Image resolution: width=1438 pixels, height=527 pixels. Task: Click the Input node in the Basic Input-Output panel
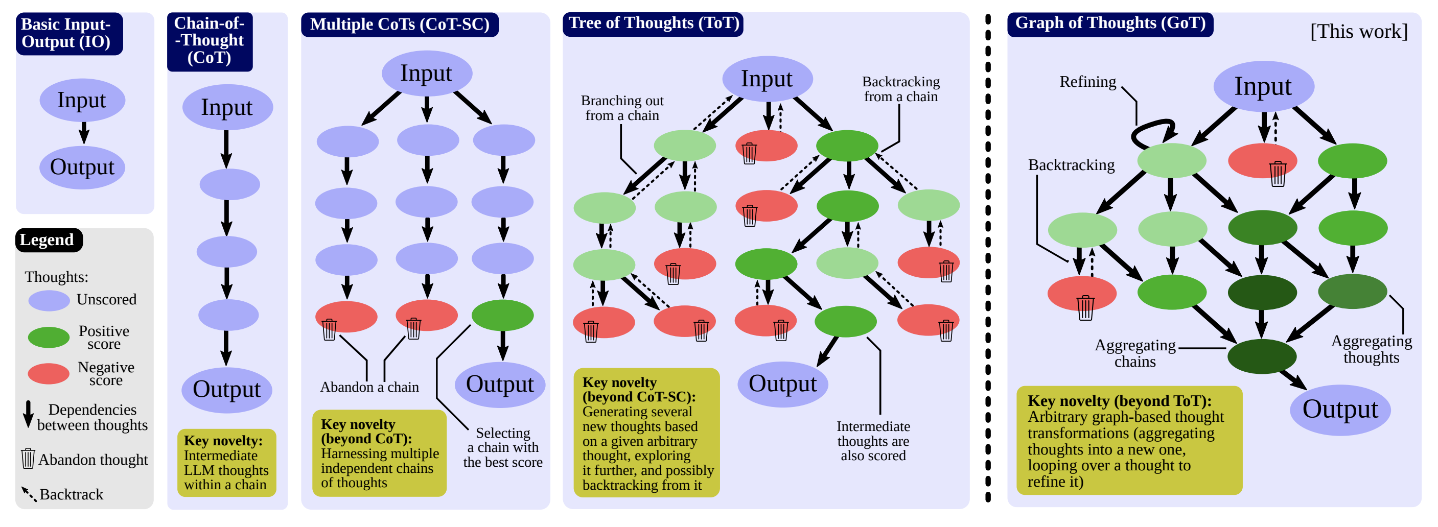point(82,101)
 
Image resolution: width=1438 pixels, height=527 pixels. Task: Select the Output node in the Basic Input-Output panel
point(82,167)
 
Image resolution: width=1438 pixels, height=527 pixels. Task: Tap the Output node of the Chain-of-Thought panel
point(227,390)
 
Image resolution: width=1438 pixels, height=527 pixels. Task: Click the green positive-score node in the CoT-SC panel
point(502,315)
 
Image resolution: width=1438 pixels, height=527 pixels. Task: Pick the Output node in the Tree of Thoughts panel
point(783,384)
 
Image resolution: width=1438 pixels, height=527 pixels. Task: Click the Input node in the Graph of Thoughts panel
point(1264,86)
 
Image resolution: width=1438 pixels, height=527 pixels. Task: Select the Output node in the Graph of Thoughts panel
point(1340,410)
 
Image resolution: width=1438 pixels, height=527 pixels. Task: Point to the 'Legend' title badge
point(49,240)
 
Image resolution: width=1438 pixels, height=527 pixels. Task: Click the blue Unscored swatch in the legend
point(49,300)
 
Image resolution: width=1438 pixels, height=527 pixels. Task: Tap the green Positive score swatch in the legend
point(49,337)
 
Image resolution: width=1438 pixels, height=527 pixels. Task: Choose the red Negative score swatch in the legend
point(49,373)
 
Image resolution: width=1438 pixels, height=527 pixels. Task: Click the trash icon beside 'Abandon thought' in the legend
point(28,459)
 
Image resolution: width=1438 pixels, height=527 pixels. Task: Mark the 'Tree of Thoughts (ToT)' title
point(654,23)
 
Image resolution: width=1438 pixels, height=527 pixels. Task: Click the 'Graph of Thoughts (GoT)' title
point(1110,23)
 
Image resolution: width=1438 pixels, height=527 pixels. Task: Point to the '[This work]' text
point(1359,31)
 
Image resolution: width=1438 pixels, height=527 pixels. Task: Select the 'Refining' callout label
point(1088,82)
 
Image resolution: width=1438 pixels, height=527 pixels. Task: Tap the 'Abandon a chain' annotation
point(369,387)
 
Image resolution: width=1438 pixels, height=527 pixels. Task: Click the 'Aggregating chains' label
point(1135,353)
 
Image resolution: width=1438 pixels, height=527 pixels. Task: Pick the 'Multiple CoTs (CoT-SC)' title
point(400,25)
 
